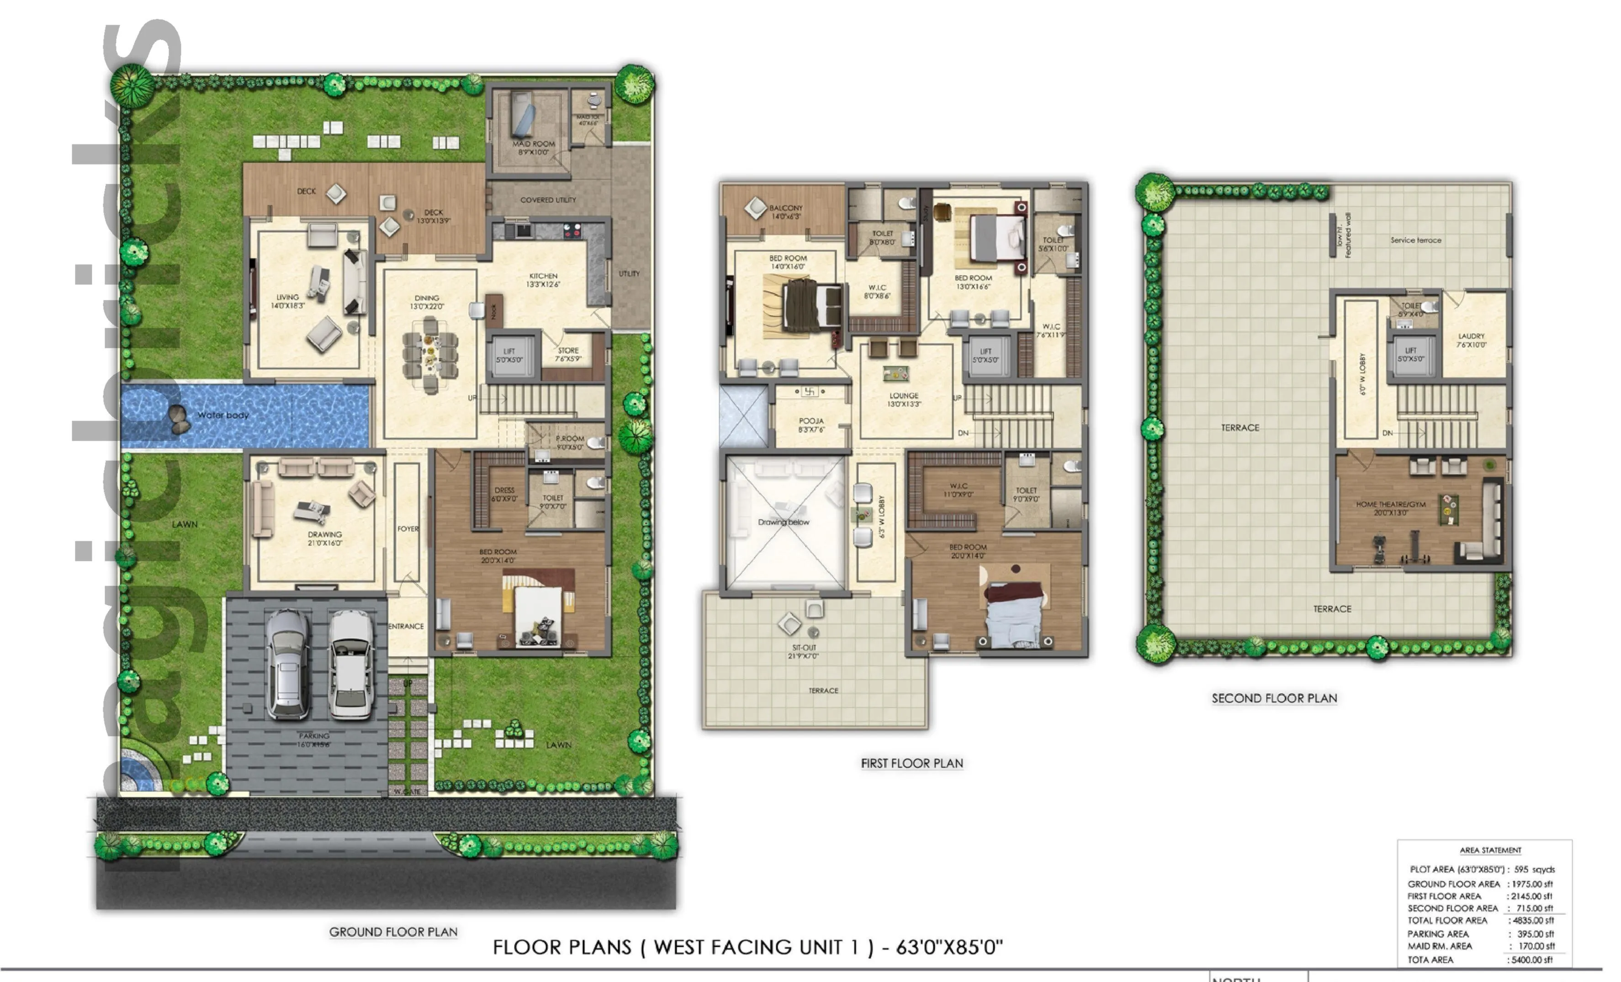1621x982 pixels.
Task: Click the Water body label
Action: pyautogui.click(x=222, y=415)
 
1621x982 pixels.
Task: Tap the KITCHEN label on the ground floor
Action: pyautogui.click(x=543, y=280)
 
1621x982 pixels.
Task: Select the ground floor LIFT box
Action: pyautogui.click(x=509, y=355)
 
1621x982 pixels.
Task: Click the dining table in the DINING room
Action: pyautogui.click(x=429, y=355)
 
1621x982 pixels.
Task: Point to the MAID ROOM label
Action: pyautogui.click(x=534, y=147)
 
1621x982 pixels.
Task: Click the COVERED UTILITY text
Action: pyautogui.click(x=547, y=200)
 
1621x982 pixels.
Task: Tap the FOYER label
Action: pyautogui.click(x=407, y=528)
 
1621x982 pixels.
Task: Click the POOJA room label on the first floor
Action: pyautogui.click(x=810, y=425)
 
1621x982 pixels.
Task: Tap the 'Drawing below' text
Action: pyautogui.click(x=783, y=522)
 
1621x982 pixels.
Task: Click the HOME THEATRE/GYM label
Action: pyautogui.click(x=1390, y=508)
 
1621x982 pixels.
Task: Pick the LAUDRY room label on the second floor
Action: pyautogui.click(x=1471, y=340)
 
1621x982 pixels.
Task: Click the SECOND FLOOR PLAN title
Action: pyautogui.click(x=1274, y=698)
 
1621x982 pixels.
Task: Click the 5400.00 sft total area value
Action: pyautogui.click(x=1531, y=960)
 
